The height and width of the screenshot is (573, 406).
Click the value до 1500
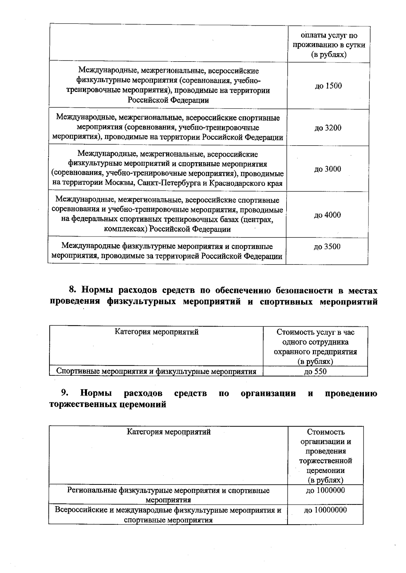328,86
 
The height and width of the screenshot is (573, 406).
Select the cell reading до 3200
328,128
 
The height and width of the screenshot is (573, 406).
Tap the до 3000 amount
328,169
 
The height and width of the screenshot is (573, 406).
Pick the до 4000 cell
327,215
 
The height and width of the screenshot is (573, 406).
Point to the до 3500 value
327,247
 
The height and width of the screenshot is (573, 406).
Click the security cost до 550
315,372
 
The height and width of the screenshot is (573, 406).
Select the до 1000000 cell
325,490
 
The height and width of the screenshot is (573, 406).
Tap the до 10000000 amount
325,510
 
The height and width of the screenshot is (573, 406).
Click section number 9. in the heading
65,393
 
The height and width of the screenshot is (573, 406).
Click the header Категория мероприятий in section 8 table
156,332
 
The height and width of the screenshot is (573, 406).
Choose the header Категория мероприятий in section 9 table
168,432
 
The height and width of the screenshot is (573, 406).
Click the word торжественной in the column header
325,461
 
